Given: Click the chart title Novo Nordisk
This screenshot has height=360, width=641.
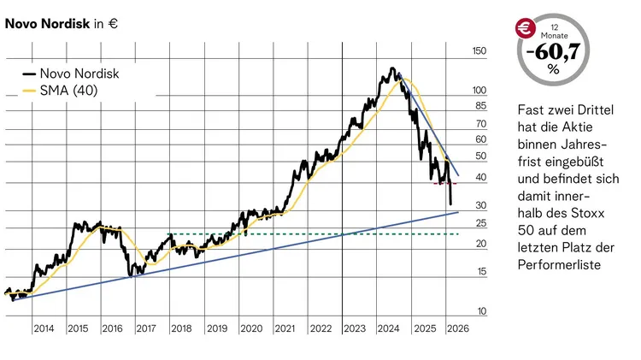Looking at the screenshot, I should pyautogui.click(x=48, y=25).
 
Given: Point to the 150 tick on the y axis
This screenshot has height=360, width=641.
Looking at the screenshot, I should pyautogui.click(x=479, y=52).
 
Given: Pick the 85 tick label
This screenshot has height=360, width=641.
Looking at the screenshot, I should pyautogui.click(x=480, y=106).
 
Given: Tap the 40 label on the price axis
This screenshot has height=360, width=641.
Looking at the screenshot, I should pyautogui.click(x=480, y=178).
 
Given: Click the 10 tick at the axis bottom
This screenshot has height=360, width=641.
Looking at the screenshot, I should pyautogui.click(x=480, y=311).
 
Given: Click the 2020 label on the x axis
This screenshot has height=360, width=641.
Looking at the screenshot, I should pyautogui.click(x=250, y=328).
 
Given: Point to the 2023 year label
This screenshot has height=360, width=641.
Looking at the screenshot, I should pyautogui.click(x=354, y=328).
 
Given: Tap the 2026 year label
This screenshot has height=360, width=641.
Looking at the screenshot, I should pyautogui.click(x=457, y=328).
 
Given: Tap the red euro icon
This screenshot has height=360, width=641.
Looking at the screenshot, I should pyautogui.click(x=523, y=28).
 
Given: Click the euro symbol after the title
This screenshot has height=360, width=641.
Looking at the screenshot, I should pyautogui.click(x=113, y=25).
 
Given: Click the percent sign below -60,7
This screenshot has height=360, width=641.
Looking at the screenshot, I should pyautogui.click(x=553, y=71).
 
